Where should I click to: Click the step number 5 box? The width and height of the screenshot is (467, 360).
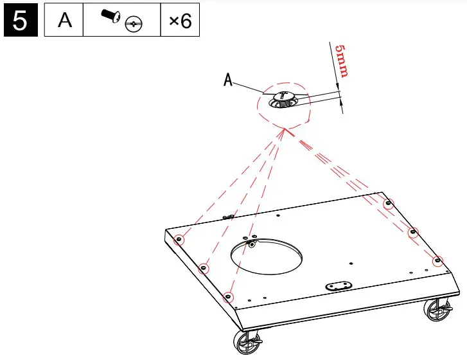point(21,21)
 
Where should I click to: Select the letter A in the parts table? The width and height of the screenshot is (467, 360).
point(64,21)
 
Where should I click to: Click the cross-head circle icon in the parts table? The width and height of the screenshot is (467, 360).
point(134,25)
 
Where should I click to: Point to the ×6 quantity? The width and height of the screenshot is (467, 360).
point(180,21)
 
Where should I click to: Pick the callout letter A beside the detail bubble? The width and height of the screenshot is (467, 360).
point(227,80)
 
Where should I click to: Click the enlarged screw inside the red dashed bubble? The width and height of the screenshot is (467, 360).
point(283,98)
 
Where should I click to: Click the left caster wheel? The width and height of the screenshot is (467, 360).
point(247,342)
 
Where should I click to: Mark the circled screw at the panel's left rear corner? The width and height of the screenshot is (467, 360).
point(180,240)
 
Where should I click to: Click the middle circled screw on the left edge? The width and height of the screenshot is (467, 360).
point(204,268)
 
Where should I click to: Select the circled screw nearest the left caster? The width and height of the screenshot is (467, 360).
point(227,296)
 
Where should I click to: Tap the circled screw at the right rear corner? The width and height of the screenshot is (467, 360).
point(388,204)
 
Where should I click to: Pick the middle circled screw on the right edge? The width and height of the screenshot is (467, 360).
point(413,232)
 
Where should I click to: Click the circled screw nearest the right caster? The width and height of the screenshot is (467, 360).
point(437,260)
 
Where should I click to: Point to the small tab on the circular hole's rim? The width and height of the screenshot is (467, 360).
point(252,242)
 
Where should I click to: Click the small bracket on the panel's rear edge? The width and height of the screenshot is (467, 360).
point(227,217)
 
